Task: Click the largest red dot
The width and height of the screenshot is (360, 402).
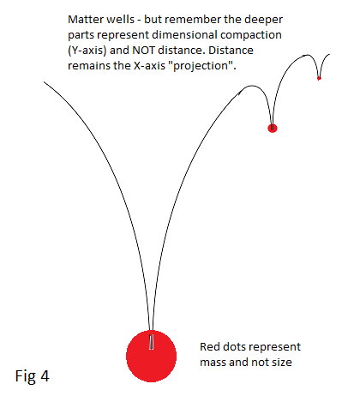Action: (151, 356)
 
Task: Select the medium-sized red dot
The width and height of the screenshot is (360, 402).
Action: (273, 129)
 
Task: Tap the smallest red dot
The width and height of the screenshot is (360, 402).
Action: (319, 78)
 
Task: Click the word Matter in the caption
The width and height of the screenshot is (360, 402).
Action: (85, 20)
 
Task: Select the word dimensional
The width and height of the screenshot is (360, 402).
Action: (184, 35)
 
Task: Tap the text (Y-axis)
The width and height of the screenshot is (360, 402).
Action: (87, 51)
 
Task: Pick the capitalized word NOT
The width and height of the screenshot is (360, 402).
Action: (143, 51)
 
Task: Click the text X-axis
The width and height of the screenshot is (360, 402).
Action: (149, 66)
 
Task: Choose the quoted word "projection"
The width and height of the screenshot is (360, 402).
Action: (202, 66)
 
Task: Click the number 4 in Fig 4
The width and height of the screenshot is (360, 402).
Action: (45, 376)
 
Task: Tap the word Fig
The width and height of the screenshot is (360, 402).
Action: (26, 377)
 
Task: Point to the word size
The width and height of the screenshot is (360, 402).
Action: (282, 363)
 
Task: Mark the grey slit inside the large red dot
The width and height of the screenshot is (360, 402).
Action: (151, 341)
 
